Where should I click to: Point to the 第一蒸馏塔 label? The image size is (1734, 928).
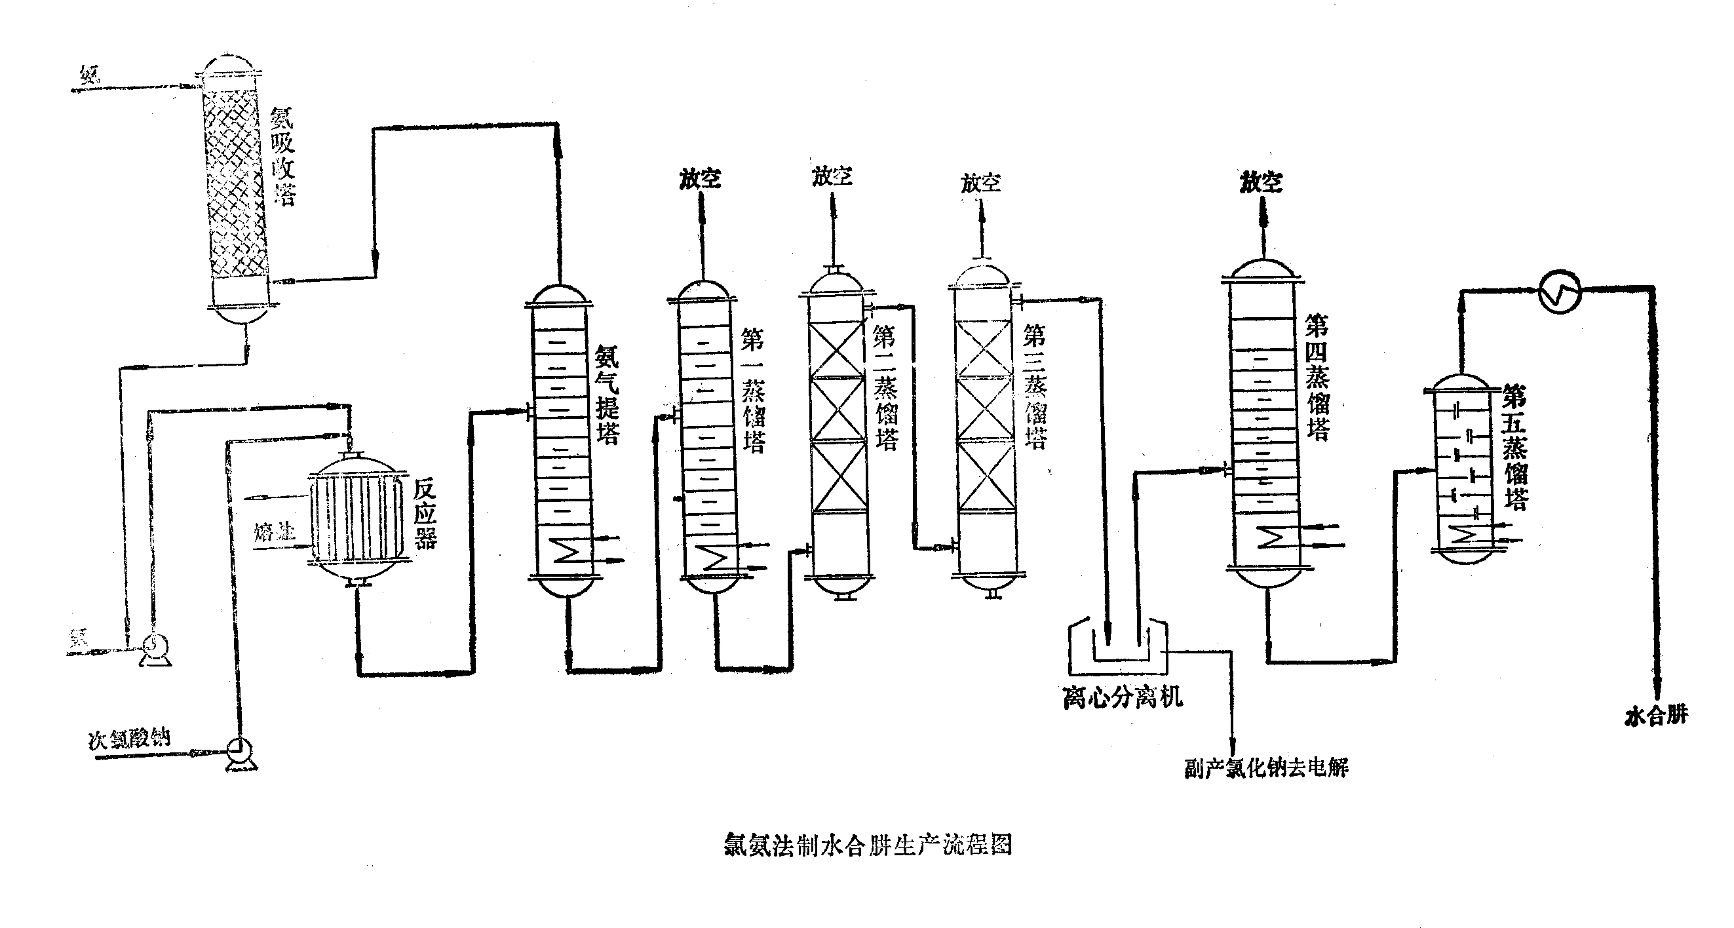click(x=753, y=391)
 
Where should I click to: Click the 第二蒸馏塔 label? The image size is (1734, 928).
click(x=887, y=387)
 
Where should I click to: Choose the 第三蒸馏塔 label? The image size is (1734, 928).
click(x=1035, y=387)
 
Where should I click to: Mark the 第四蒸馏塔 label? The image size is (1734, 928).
click(x=1317, y=377)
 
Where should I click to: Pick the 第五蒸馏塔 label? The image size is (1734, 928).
click(x=1515, y=447)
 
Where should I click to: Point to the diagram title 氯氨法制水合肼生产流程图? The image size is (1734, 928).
click(x=868, y=845)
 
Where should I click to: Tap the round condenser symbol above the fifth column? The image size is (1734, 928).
click(x=1560, y=292)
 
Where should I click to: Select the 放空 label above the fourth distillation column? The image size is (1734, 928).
click(x=1261, y=182)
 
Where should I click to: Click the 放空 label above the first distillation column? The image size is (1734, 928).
click(x=700, y=179)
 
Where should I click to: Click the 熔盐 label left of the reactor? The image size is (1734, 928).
click(x=274, y=532)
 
